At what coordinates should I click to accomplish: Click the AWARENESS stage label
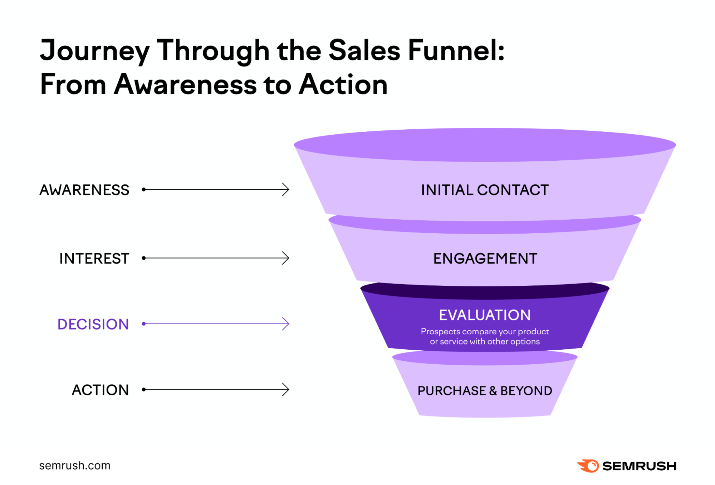coord(84,190)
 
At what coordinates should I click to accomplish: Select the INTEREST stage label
coord(94,259)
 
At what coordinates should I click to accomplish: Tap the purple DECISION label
coord(93,324)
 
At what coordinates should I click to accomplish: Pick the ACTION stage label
coord(101,390)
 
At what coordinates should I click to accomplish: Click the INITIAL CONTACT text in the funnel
coord(485,190)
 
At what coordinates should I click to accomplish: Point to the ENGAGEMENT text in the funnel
coord(485,259)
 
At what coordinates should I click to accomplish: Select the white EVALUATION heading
coord(485,315)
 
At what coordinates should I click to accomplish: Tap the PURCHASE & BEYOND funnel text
coord(485,391)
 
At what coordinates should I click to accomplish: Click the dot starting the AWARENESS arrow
coord(144,190)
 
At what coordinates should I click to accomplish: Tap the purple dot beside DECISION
coord(144,324)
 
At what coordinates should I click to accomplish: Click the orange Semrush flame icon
coord(588,466)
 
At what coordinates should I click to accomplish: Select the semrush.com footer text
coord(75,466)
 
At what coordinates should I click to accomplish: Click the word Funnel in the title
coord(456,51)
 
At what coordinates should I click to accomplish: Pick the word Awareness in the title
coord(185,85)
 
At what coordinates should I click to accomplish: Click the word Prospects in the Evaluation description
coord(440,331)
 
